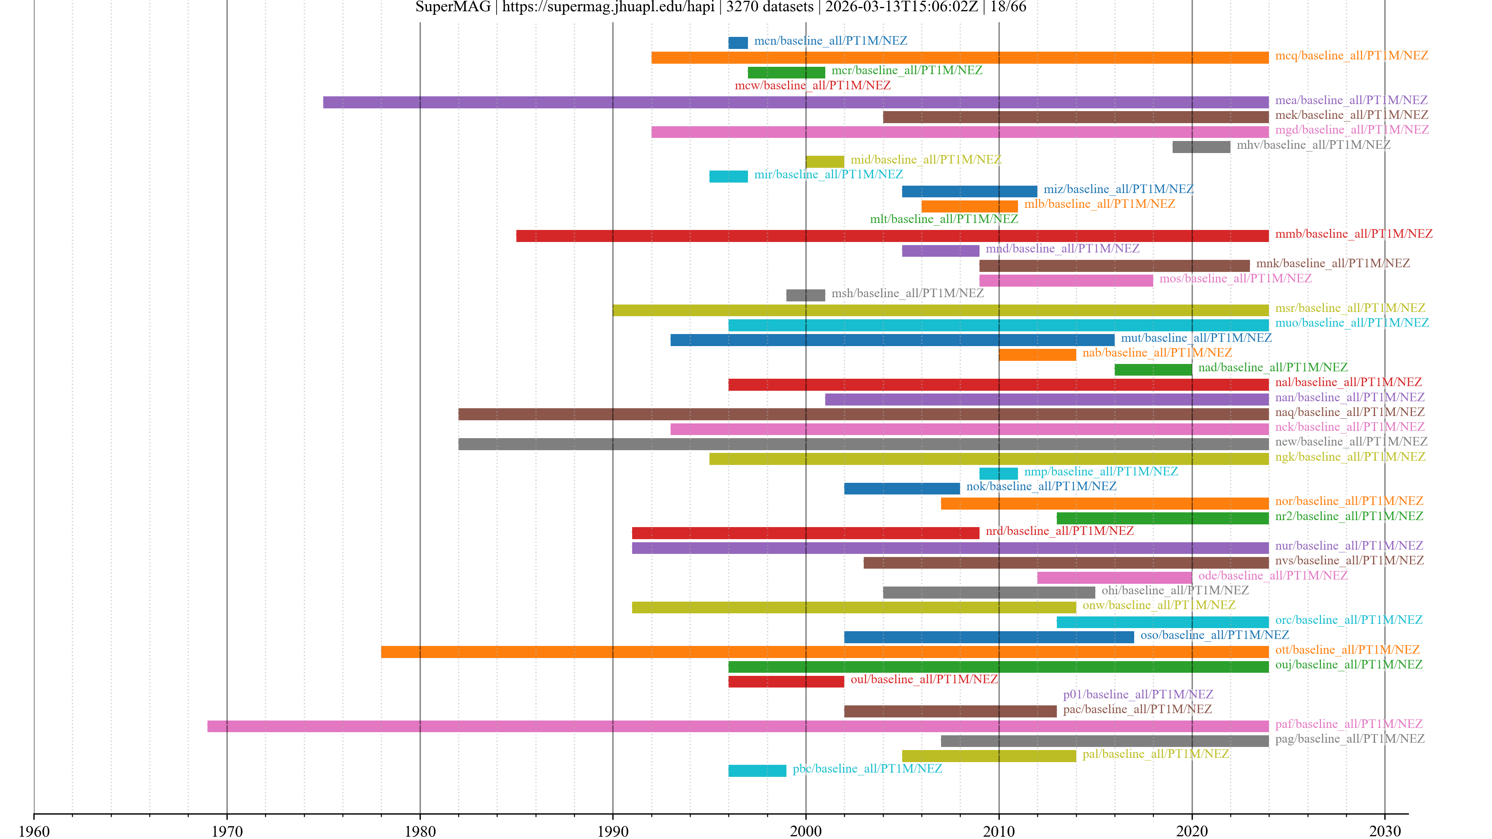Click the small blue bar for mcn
tap(738, 43)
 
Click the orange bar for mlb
tap(969, 207)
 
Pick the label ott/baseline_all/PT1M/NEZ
tap(1347, 650)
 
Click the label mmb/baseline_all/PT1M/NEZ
tap(1354, 234)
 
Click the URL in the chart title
tap(608, 7)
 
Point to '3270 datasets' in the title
tap(770, 7)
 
